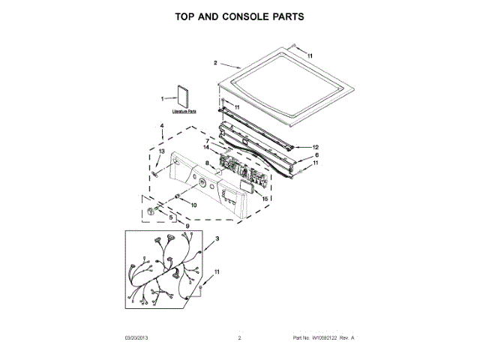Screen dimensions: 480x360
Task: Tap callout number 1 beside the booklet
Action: pyautogui.click(x=161, y=98)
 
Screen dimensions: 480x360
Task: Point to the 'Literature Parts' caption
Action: pyautogui.click(x=183, y=112)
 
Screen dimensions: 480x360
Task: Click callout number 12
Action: pyautogui.click(x=316, y=147)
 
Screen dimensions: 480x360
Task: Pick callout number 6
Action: pyautogui.click(x=316, y=155)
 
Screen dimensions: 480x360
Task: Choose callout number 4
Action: pyautogui.click(x=162, y=126)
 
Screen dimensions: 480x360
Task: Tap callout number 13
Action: pyautogui.click(x=159, y=151)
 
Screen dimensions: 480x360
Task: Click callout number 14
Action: pyautogui.click(x=205, y=147)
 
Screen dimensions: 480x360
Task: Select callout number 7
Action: pyautogui.click(x=207, y=140)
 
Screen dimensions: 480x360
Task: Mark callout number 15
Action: pyautogui.click(x=264, y=198)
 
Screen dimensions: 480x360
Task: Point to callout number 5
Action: pyautogui.click(x=170, y=217)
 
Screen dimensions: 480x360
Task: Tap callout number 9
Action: pyautogui.click(x=187, y=226)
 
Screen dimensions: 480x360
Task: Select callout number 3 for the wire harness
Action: pyautogui.click(x=217, y=238)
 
